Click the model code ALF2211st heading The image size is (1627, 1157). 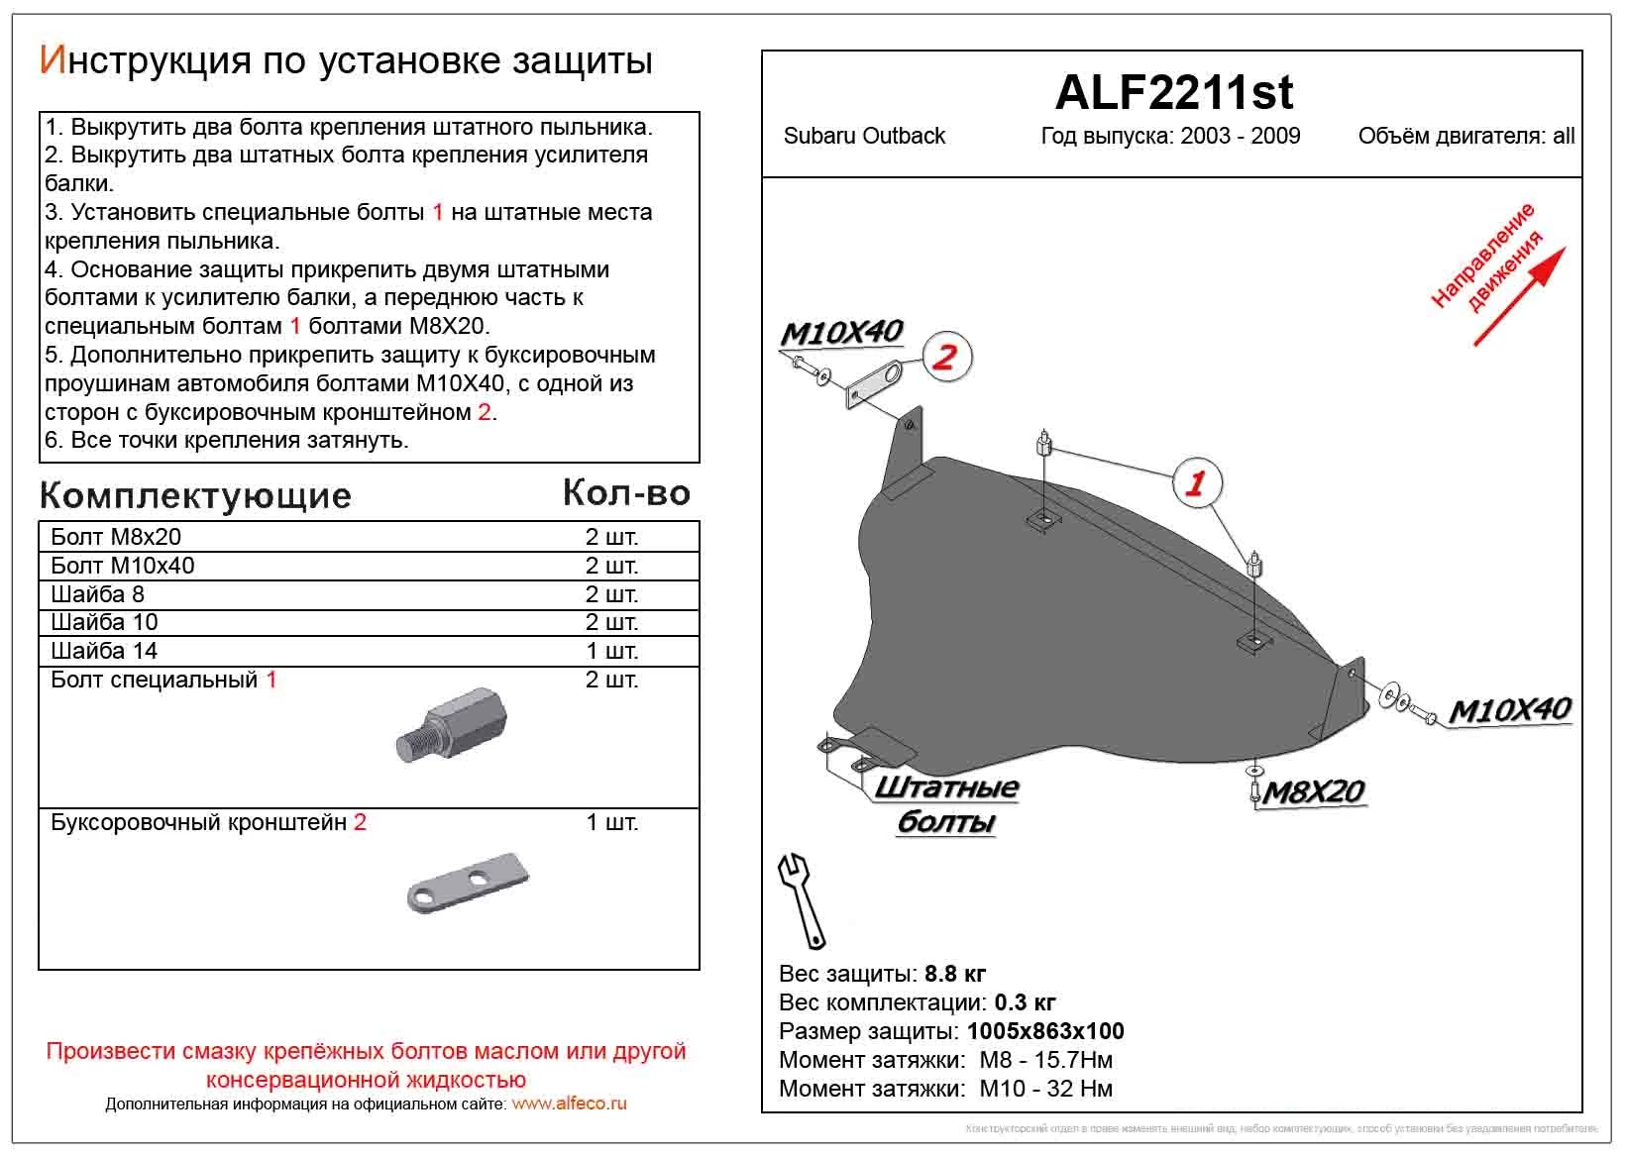[x=1173, y=92]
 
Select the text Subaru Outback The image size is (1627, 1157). [x=864, y=137]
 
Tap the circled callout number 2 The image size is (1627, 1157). [x=946, y=357]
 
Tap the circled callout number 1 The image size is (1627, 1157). [x=1197, y=483]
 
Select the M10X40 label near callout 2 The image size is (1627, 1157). [x=841, y=333]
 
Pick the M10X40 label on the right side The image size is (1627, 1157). [x=1509, y=710]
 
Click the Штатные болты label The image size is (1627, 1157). [x=946, y=803]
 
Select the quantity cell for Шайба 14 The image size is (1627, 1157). [x=611, y=651]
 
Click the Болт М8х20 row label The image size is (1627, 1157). [x=116, y=537]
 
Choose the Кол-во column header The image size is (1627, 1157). [x=625, y=492]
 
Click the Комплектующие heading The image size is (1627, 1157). [x=195, y=495]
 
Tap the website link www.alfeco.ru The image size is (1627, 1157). [x=569, y=1104]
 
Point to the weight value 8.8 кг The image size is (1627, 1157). [x=954, y=974]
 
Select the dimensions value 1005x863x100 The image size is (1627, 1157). [x=1045, y=1031]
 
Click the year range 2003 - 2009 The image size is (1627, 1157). [x=1240, y=137]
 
